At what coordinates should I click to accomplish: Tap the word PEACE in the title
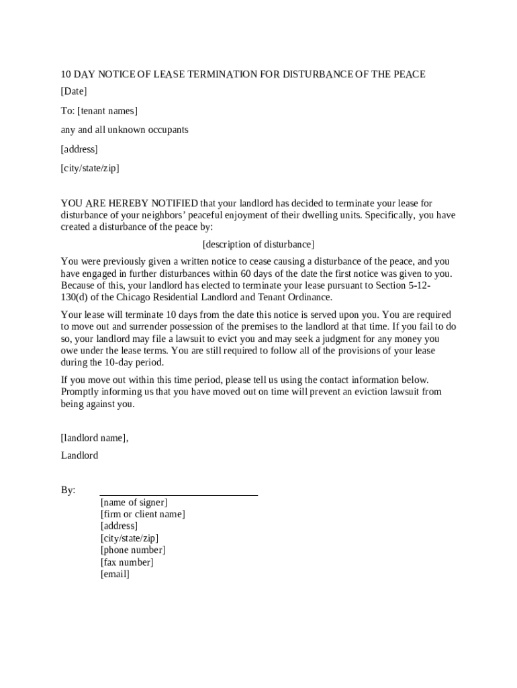404,74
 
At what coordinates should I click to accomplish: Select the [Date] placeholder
74,91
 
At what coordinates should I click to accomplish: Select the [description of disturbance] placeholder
258,245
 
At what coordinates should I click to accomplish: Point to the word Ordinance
308,297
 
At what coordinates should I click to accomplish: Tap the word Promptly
81,392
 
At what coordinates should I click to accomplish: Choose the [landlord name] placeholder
94,438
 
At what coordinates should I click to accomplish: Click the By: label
68,490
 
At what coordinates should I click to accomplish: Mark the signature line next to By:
179,494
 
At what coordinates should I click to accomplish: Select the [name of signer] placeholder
134,503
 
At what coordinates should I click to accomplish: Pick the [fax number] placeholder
127,562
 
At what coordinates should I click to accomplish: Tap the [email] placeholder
115,574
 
